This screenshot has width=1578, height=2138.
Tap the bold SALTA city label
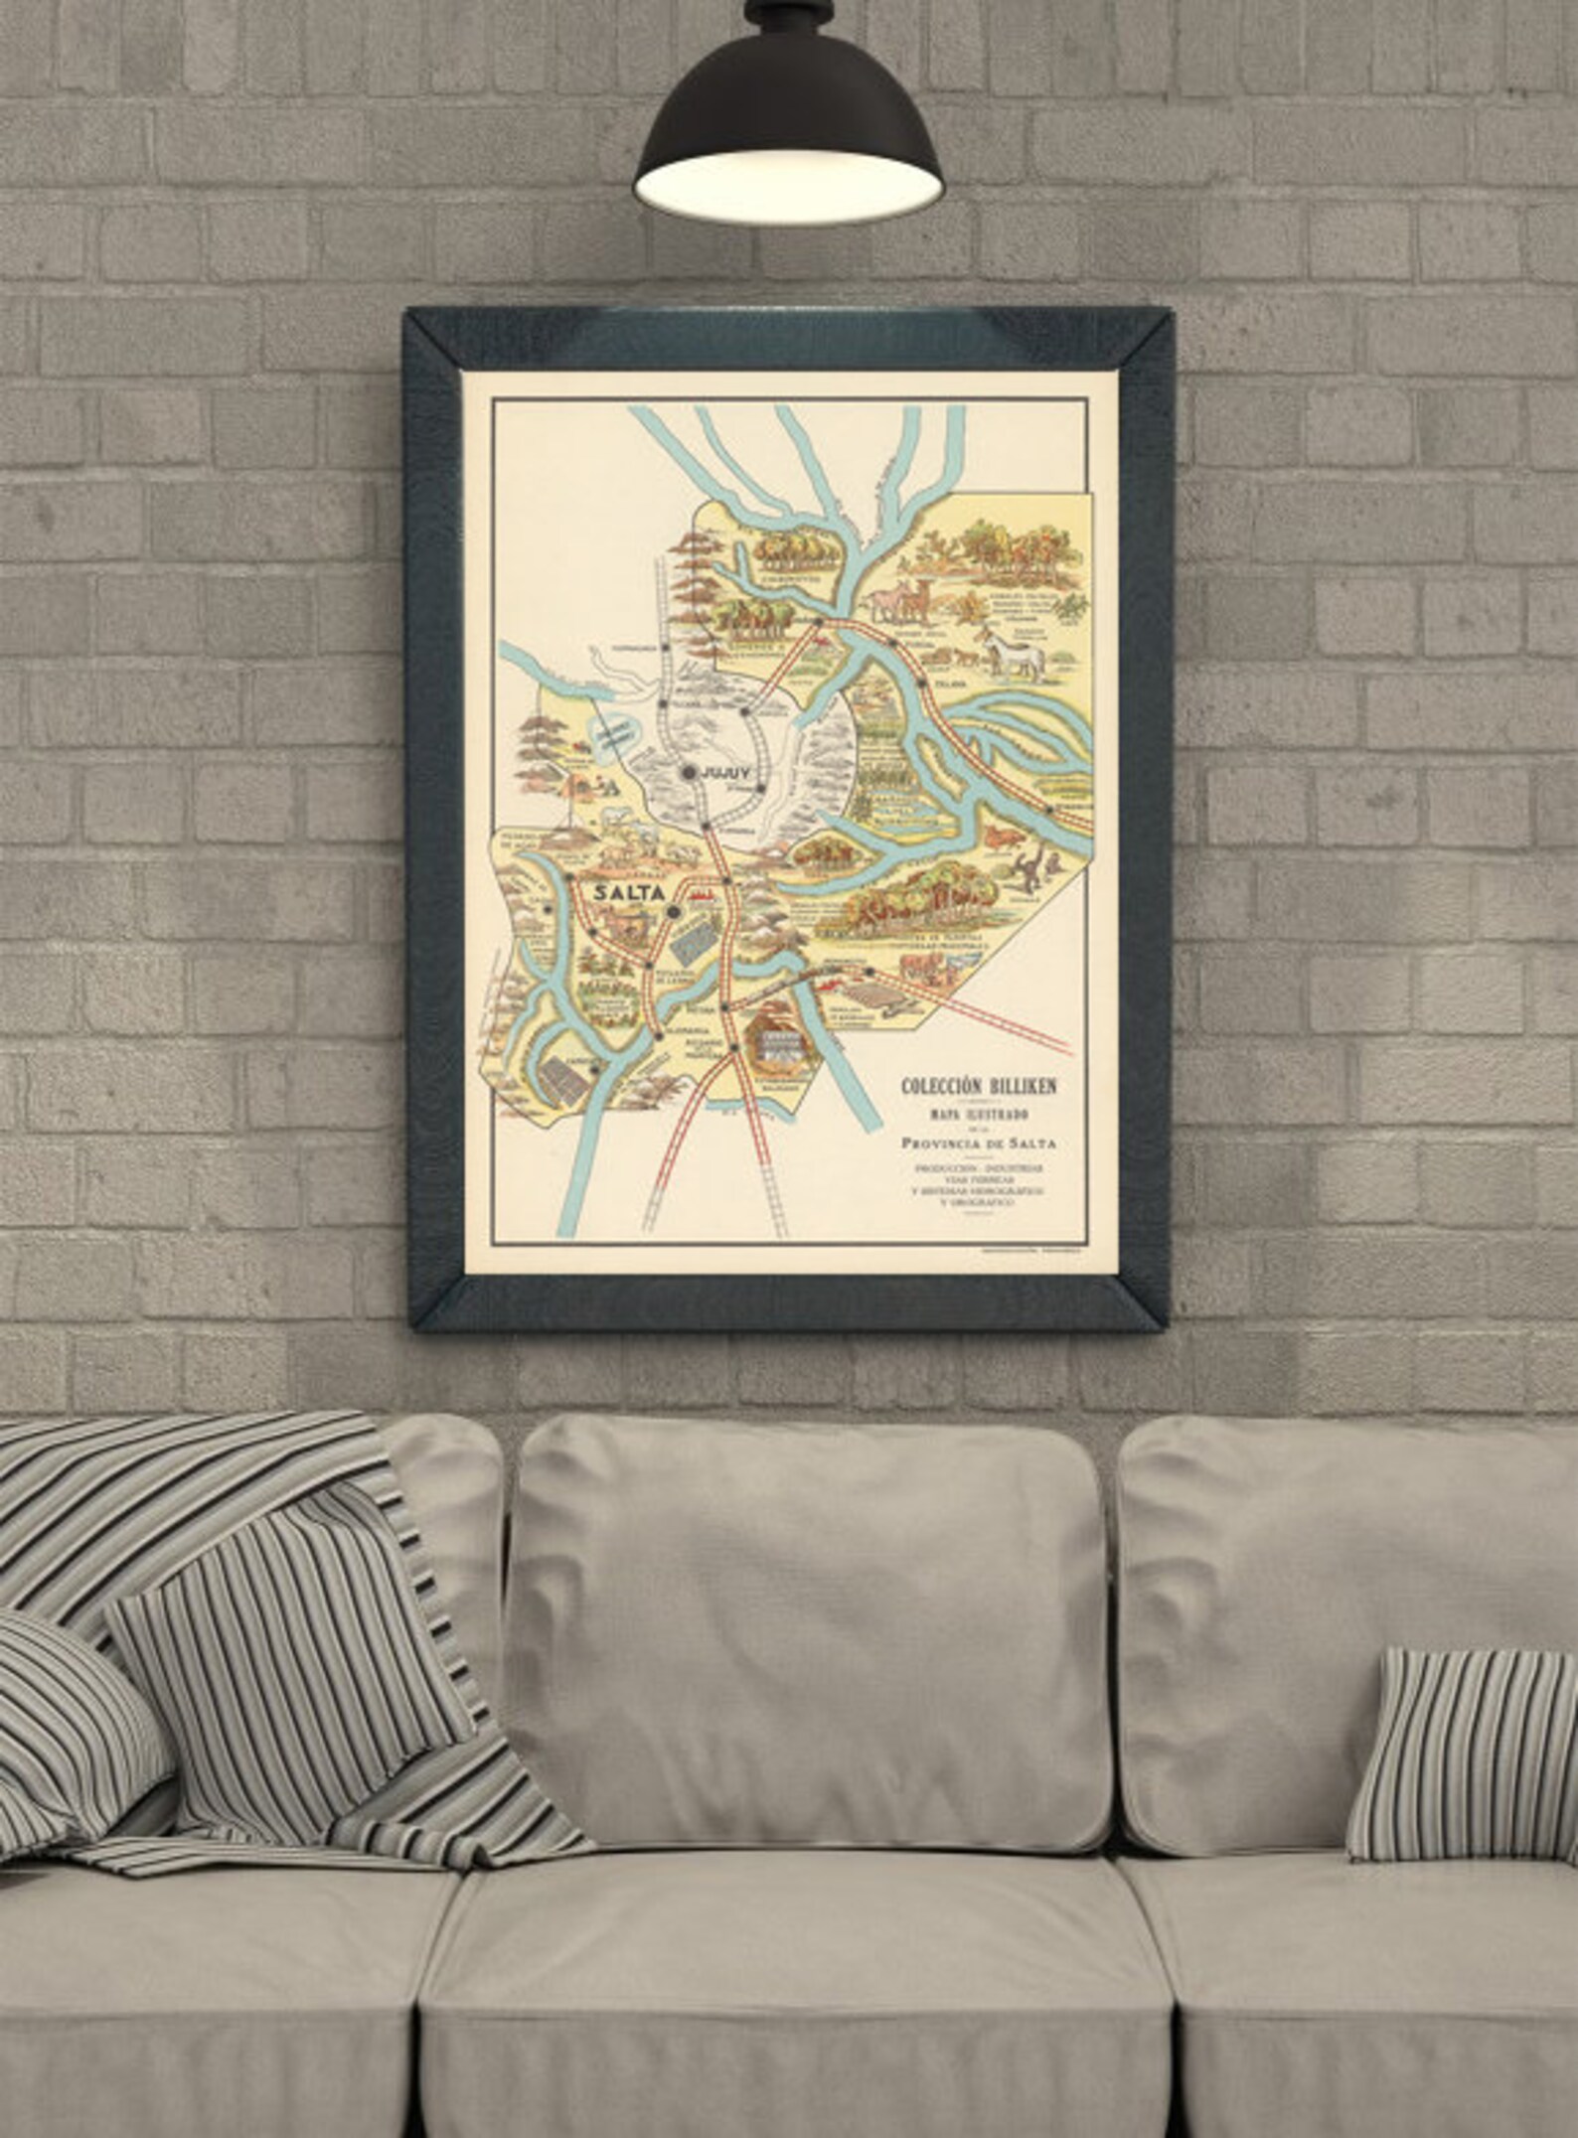[x=629, y=891]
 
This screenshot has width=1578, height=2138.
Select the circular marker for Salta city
[x=675, y=909]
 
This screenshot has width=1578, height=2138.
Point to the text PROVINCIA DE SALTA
[x=977, y=1143]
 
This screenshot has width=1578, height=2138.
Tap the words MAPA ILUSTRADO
[x=978, y=1117]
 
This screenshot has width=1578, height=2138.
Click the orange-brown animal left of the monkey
[x=1002, y=840]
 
